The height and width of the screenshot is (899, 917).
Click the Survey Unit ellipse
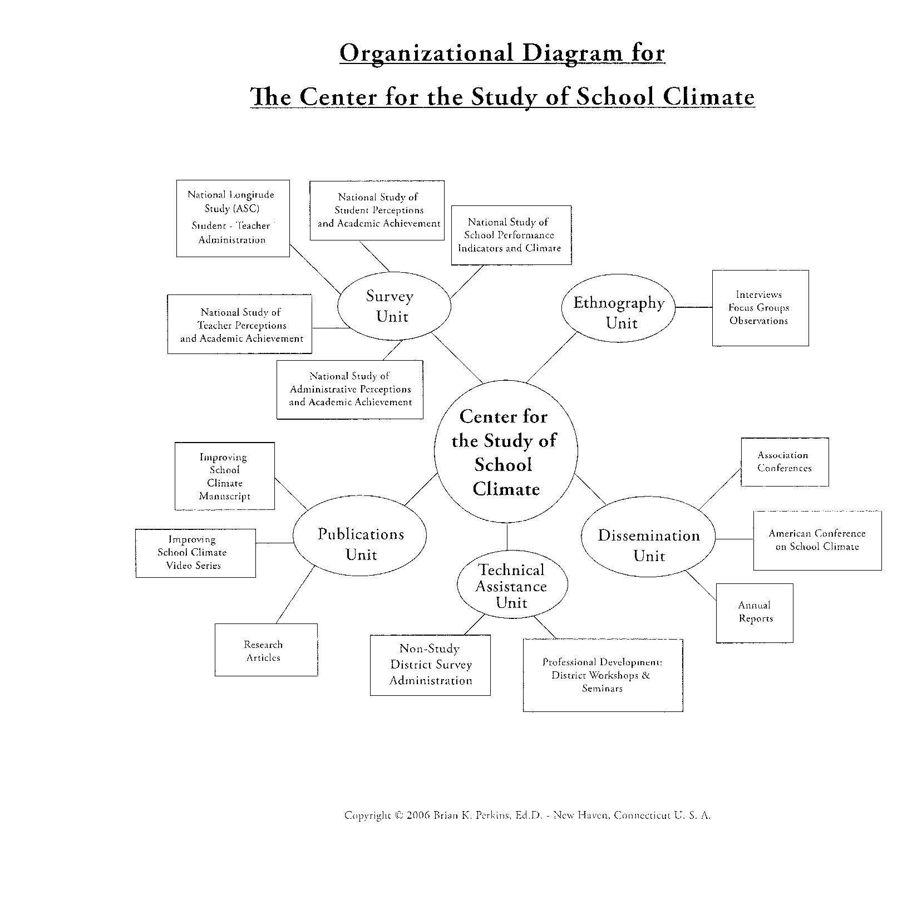tap(394, 307)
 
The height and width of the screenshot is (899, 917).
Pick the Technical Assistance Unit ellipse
tap(512, 586)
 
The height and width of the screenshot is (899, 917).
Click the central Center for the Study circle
tap(505, 452)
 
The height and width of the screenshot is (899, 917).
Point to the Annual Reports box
tap(755, 613)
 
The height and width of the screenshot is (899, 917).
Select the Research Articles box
tap(266, 650)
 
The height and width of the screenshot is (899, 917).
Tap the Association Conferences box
tap(785, 462)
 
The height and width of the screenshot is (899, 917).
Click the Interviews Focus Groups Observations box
tap(760, 308)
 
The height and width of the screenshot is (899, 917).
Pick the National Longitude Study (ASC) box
tap(233, 218)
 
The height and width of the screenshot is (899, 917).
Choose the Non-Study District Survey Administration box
tap(430, 665)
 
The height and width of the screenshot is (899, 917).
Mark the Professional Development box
tap(603, 675)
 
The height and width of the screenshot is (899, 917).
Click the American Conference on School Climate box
tap(817, 541)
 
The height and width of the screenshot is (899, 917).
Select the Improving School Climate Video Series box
tap(195, 553)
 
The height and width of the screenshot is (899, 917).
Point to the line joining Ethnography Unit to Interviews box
tap(693, 307)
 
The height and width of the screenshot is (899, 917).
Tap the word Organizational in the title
tap(426, 53)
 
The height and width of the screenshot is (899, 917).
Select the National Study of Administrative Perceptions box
tap(349, 389)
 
